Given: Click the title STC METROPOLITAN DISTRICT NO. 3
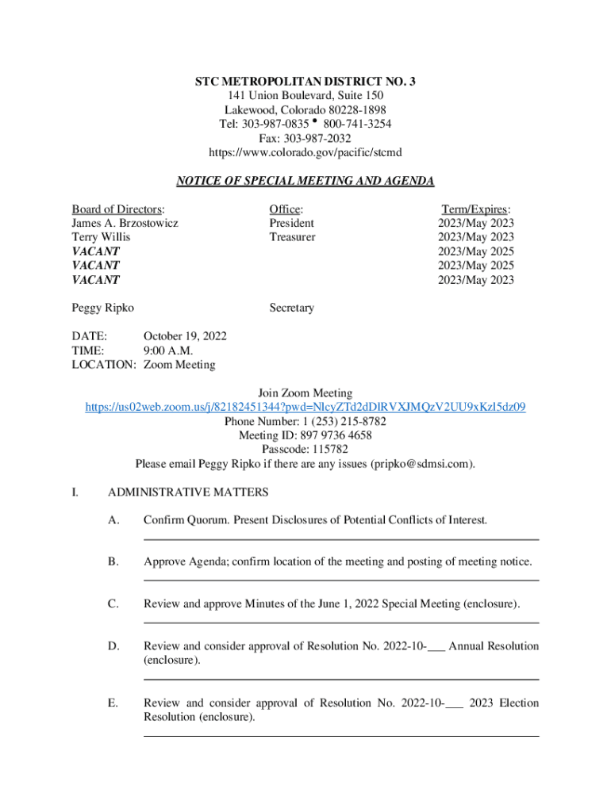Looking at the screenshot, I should pos(305,82).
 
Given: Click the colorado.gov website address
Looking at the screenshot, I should pos(305,152).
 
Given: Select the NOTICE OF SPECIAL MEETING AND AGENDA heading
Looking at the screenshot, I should pos(305,181).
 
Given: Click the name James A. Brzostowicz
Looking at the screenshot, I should pos(125,223).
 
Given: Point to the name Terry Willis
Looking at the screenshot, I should pos(101,237).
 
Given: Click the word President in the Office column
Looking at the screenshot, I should pos(291,223).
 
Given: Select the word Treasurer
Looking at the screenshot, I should pos(292,237).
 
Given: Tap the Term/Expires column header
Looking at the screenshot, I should pos(476,209).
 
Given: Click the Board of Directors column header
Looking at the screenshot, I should pos(118,209).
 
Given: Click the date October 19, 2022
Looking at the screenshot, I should pos(185,336).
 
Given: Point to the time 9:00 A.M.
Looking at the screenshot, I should pos(168,350).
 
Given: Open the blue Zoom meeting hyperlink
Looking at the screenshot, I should pos(305,407).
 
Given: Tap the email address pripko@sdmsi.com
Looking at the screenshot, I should pos(422,464).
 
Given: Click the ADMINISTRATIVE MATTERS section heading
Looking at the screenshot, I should pos(188,492).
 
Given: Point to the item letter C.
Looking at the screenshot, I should pos(113,604).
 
